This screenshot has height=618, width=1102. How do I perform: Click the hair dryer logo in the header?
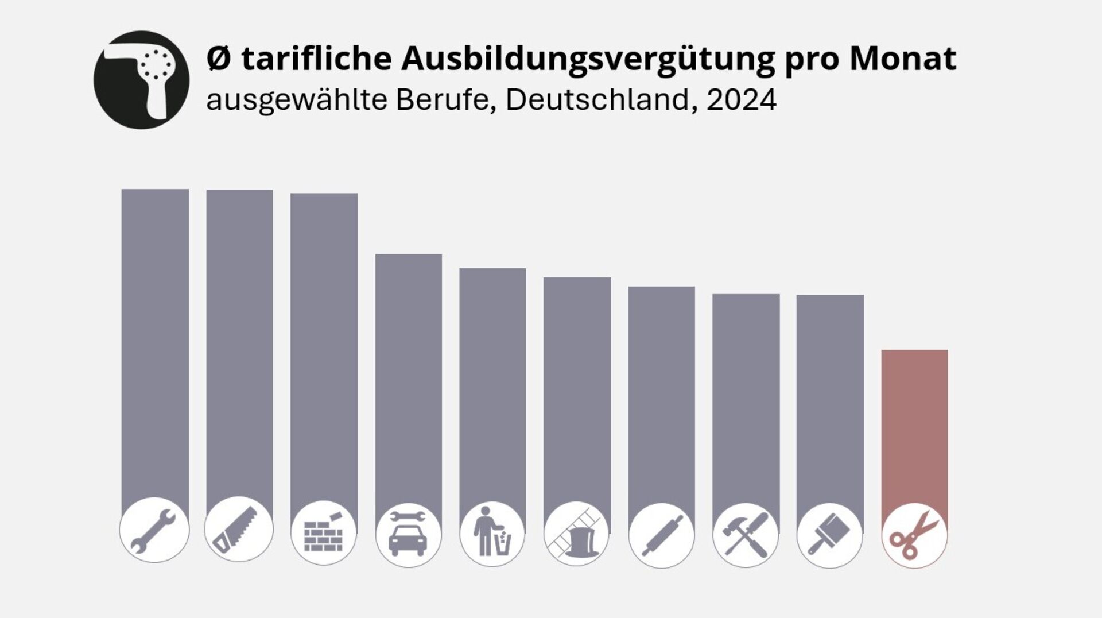click(141, 80)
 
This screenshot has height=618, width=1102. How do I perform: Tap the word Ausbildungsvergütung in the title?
click(588, 58)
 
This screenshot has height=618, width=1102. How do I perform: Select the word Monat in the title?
click(903, 58)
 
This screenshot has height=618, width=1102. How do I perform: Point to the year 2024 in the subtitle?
click(741, 100)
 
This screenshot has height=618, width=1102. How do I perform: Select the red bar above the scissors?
click(914, 425)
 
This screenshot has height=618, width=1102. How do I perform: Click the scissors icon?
click(914, 535)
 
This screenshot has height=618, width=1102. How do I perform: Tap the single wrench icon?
click(154, 530)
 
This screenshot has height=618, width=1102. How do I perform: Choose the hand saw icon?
click(239, 529)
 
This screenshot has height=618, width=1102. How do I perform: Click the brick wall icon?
click(324, 532)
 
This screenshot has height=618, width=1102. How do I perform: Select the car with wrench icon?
click(408, 534)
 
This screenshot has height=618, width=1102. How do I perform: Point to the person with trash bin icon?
click(492, 534)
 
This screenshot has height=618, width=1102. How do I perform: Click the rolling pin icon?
click(661, 535)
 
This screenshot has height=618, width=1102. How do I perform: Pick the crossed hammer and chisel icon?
click(746, 535)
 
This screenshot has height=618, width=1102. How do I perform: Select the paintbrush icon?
click(830, 535)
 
